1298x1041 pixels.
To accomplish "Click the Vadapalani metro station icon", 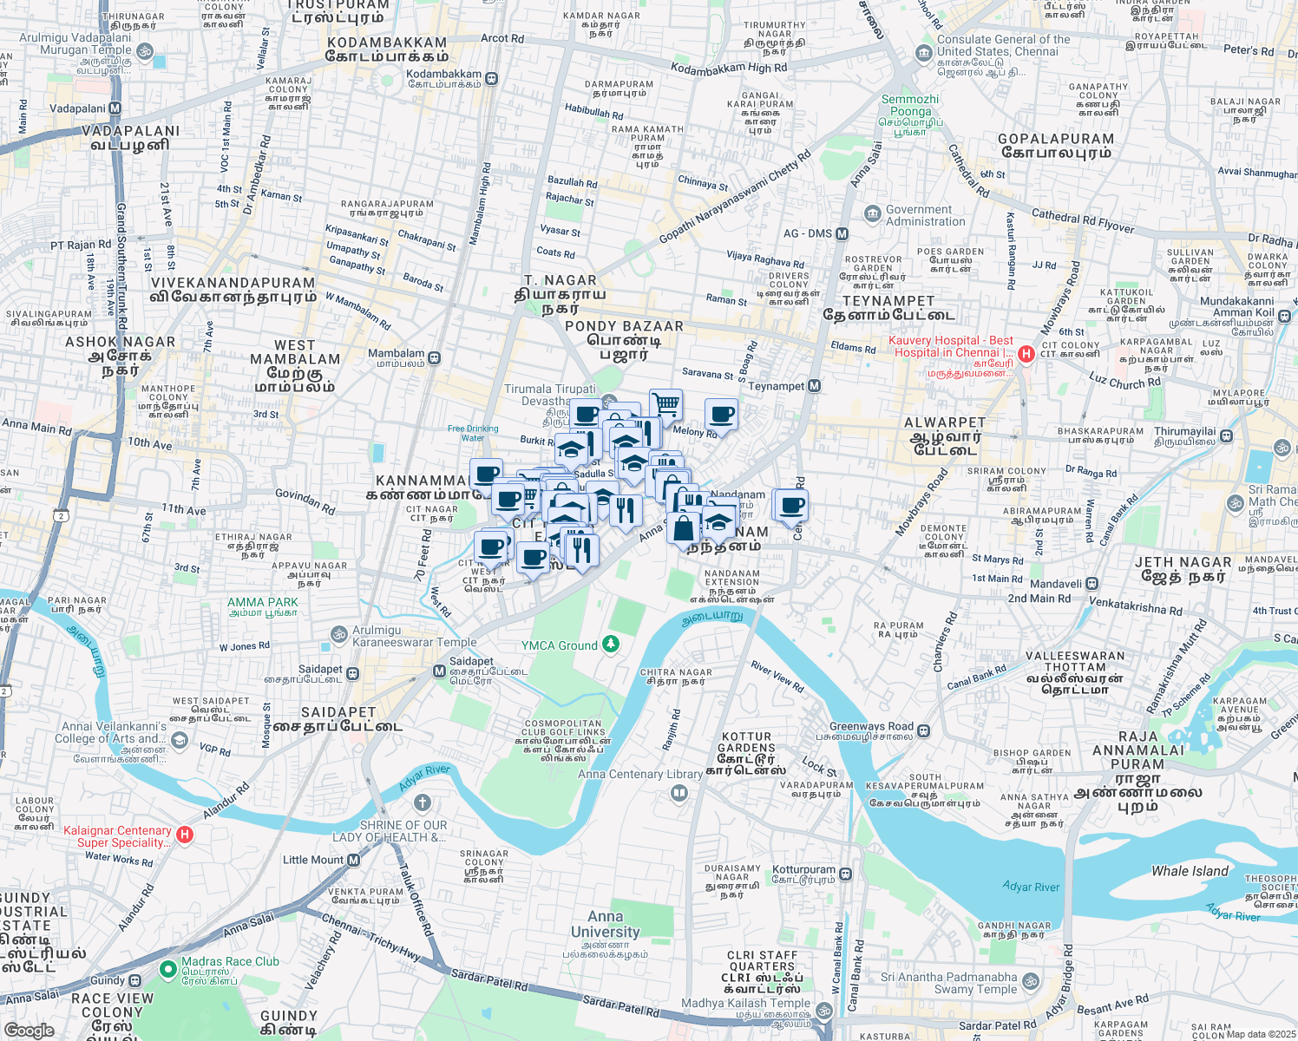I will [115, 108].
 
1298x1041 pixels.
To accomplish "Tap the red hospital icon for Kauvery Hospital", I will [1026, 353].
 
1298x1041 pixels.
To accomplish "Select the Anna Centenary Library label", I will [640, 775].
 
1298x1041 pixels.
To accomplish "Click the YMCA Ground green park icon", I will [611, 644].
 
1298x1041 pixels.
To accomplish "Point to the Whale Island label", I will [1190, 871].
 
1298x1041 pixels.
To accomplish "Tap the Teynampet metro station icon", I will [814, 386].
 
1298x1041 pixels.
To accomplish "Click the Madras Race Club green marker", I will [168, 967].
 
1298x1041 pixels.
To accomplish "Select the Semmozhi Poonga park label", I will [910, 105].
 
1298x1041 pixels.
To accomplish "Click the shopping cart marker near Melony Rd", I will [665, 403].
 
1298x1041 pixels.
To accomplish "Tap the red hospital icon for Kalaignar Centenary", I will [184, 835].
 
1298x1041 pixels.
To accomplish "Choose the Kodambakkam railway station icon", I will [491, 79].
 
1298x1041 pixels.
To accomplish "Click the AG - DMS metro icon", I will [842, 233].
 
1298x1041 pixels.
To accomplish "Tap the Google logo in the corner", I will [29, 1030].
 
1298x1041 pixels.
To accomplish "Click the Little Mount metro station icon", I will [354, 860].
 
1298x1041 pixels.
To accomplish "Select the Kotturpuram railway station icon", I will [845, 874].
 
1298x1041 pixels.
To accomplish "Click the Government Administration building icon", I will [872, 213].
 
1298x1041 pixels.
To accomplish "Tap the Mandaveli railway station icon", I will [1092, 584].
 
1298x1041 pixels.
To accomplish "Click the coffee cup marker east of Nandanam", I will [790, 504].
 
